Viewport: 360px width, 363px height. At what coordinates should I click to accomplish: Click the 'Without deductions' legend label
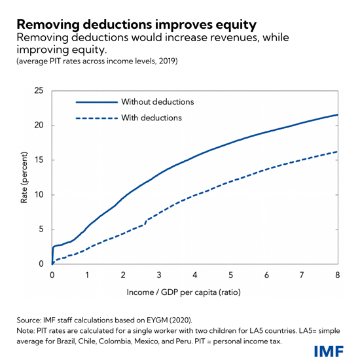click(x=158, y=102)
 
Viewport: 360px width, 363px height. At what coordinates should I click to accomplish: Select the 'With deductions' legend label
click(x=152, y=118)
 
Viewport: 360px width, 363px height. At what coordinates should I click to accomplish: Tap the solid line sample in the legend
click(x=96, y=103)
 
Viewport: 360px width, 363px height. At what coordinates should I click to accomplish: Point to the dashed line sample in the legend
click(x=96, y=119)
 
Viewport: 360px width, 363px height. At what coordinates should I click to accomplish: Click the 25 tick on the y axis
click(x=39, y=90)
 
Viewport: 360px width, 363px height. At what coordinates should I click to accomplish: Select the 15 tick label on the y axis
click(x=39, y=160)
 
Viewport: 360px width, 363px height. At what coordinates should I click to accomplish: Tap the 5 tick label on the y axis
click(x=42, y=230)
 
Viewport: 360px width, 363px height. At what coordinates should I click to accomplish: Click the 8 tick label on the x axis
click(x=338, y=275)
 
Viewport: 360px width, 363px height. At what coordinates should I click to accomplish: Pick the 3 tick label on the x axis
click(x=159, y=275)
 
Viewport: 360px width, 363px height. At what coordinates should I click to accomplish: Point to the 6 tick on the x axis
click(x=266, y=275)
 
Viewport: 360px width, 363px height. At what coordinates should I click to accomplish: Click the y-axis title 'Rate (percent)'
click(x=24, y=177)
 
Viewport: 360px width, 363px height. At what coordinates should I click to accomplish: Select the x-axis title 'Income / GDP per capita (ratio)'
click(x=194, y=292)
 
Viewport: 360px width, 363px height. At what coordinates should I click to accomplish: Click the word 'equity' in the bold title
click(x=233, y=25)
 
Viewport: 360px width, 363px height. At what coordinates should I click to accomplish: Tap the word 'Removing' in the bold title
click(x=43, y=25)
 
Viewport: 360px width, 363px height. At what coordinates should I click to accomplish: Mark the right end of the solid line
click(x=337, y=114)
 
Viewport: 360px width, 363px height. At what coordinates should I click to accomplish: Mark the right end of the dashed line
click(x=337, y=152)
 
